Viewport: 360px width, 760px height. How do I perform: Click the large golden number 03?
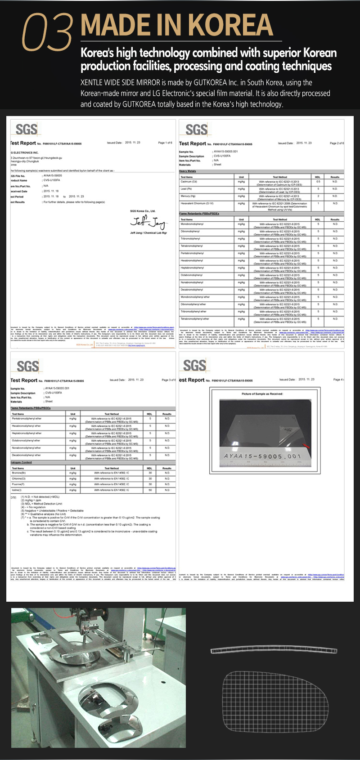pyautogui.click(x=47, y=32)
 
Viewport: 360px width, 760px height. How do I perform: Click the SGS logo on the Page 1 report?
pyautogui.click(x=26, y=130)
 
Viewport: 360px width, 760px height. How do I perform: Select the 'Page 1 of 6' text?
pyautogui.click(x=165, y=143)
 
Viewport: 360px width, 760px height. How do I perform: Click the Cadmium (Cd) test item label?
pyautogui.click(x=189, y=182)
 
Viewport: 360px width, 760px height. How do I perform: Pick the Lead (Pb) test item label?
pyautogui.click(x=186, y=189)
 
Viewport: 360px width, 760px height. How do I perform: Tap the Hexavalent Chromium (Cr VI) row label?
pyautogui.click(x=197, y=203)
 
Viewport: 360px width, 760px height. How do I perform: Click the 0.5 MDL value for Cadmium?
pyautogui.click(x=318, y=182)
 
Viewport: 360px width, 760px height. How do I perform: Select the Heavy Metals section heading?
pyautogui.click(x=188, y=171)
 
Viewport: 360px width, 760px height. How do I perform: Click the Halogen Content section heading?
pyautogui.click(x=22, y=462)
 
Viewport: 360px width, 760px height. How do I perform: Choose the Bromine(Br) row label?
pyautogui.click(x=19, y=473)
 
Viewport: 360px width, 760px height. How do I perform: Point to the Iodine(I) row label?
pyautogui.click(x=17, y=490)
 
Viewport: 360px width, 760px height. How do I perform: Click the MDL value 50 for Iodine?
pyautogui.click(x=150, y=490)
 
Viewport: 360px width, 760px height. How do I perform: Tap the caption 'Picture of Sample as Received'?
pyautogui.click(x=262, y=394)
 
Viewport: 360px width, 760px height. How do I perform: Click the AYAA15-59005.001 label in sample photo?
pyautogui.click(x=262, y=456)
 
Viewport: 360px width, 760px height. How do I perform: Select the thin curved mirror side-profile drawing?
pyautogui.click(x=273, y=650)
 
